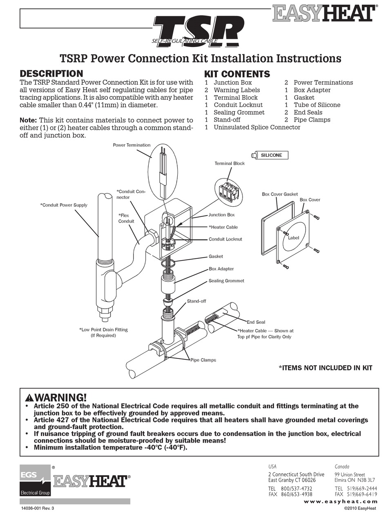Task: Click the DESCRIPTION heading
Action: [51, 74]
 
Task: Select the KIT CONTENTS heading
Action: [237, 74]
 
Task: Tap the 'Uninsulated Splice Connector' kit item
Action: [256, 127]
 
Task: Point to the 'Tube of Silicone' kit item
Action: [317, 105]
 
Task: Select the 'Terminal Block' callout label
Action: [230, 164]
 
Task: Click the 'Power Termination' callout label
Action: [132, 145]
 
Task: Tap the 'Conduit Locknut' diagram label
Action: [225, 239]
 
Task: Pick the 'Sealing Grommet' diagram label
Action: [226, 281]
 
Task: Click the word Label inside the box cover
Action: [294, 238]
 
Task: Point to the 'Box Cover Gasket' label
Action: [280, 194]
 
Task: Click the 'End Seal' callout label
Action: [256, 322]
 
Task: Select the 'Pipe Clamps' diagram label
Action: [203, 360]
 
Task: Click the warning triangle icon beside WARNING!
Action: [29, 397]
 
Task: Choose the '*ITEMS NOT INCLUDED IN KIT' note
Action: [325, 368]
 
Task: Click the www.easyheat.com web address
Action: [346, 501]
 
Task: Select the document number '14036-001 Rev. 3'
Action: [37, 508]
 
